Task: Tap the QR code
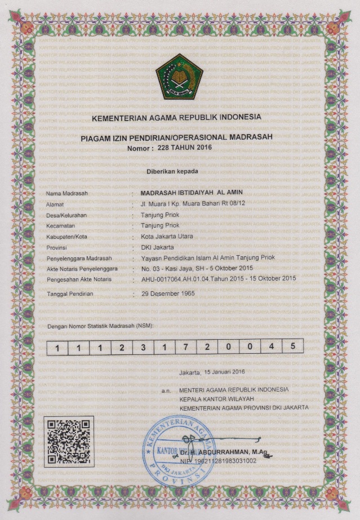point(69,441)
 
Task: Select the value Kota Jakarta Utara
point(167,236)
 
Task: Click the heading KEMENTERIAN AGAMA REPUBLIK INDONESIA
point(176,117)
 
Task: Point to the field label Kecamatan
point(62,225)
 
